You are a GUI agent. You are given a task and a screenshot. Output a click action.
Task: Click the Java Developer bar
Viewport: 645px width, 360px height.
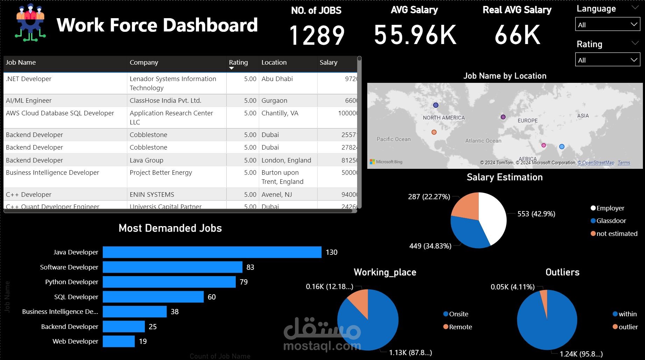212,252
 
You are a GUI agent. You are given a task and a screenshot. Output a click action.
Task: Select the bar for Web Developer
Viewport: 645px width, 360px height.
119,341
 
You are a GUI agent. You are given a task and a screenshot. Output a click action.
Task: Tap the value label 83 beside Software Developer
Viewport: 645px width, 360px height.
250,267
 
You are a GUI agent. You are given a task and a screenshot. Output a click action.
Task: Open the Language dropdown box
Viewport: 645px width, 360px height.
607,24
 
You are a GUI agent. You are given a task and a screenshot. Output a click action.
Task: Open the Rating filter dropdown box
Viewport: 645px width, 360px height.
607,60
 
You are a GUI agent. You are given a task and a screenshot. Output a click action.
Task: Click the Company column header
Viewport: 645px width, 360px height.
144,63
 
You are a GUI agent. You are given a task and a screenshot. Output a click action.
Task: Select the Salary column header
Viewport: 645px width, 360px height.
328,63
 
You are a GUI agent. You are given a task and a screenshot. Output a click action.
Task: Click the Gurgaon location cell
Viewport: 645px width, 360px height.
274,101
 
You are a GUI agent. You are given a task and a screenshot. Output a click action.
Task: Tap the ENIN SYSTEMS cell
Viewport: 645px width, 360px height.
152,194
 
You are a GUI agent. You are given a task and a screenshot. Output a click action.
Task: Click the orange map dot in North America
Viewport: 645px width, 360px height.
434,132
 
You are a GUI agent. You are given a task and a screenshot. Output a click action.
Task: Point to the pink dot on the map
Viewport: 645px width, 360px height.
544,145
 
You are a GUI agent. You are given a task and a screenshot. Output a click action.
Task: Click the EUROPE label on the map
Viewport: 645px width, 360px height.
527,121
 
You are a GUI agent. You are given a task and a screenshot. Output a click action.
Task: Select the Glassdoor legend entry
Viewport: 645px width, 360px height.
611,221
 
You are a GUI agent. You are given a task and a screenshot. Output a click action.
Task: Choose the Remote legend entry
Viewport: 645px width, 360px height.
460,327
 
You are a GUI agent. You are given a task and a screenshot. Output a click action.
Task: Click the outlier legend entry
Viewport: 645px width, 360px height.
628,327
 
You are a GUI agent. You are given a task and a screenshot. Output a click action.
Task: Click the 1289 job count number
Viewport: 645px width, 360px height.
317,36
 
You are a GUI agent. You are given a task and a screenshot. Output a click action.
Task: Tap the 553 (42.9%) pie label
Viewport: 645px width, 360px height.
536,214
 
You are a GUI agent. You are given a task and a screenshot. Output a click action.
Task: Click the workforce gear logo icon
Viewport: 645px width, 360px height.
30,23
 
